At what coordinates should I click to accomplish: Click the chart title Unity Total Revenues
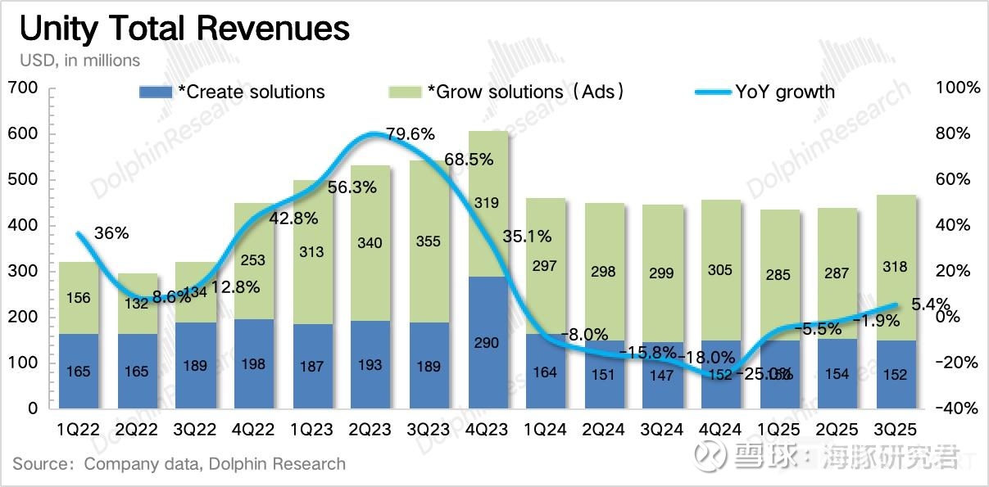point(184,29)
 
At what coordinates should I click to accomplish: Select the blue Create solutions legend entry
point(233,92)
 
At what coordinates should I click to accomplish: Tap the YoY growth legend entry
point(765,92)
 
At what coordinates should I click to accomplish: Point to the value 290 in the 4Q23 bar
point(487,343)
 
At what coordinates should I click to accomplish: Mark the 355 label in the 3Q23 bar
point(429,241)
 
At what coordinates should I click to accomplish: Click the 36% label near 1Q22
point(111,233)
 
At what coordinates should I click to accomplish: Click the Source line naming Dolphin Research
point(179,464)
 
